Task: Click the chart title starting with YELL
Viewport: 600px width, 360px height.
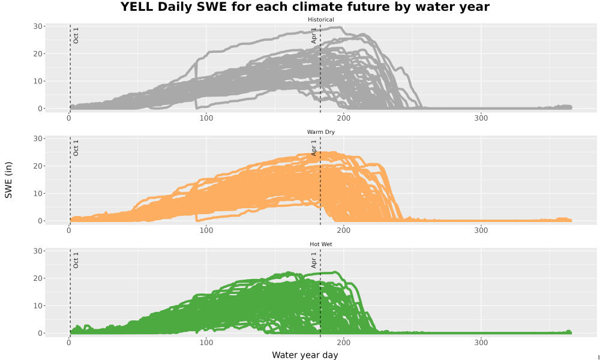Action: click(x=305, y=7)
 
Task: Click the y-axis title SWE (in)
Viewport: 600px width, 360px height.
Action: click(x=8, y=180)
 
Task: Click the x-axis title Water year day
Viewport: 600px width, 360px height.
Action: click(x=305, y=355)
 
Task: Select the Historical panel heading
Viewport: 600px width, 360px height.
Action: click(x=320, y=20)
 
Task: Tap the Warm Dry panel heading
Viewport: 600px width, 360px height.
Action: click(x=320, y=132)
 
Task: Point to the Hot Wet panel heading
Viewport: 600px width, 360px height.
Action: click(x=320, y=244)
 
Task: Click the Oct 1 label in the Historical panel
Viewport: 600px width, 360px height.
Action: click(x=76, y=35)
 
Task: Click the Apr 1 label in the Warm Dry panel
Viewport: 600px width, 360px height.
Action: click(x=314, y=148)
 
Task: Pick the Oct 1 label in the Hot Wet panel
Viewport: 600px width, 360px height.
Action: click(x=76, y=260)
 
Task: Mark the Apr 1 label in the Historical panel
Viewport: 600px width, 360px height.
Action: click(x=314, y=35)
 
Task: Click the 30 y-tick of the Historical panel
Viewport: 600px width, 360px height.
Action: click(x=37, y=26)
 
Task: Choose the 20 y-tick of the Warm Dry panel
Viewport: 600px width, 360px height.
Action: click(x=37, y=166)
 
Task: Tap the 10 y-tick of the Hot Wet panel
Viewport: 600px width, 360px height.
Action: click(x=37, y=305)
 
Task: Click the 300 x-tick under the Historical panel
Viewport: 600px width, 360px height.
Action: click(x=481, y=118)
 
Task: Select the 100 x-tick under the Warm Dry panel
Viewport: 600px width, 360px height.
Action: click(x=206, y=230)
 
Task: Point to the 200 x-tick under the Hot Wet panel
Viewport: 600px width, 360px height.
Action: click(x=344, y=343)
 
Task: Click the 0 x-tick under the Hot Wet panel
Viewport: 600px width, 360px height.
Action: click(x=69, y=343)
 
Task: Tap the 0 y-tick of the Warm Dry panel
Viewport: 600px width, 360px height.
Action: click(x=40, y=221)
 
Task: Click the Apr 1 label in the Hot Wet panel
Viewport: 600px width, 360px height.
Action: click(x=314, y=260)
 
